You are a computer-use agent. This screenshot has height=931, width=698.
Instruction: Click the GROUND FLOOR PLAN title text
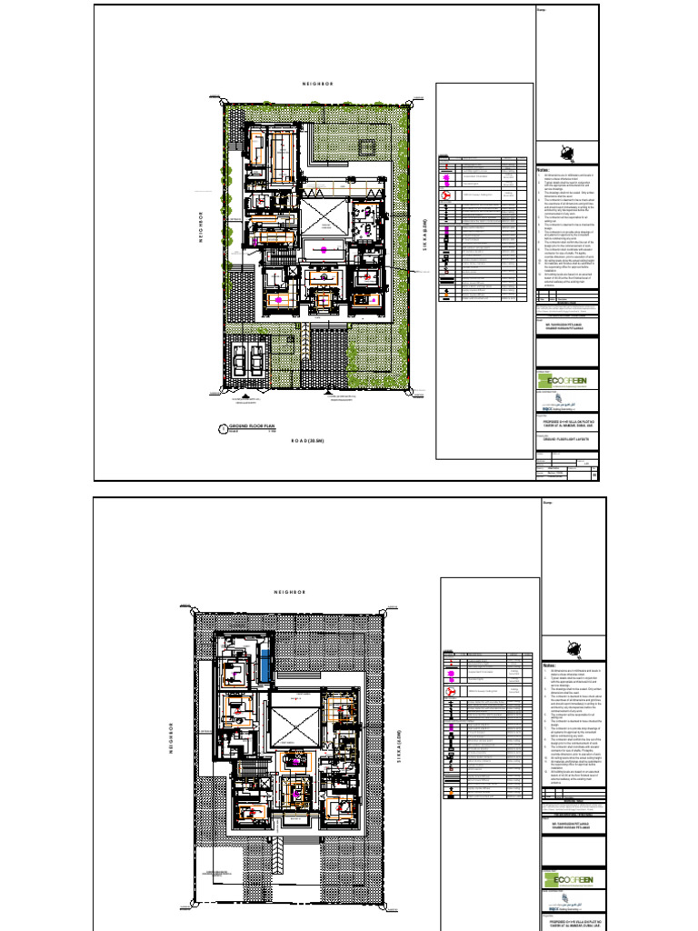tap(251, 425)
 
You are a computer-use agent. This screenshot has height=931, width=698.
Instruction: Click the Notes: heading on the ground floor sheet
tap(544, 170)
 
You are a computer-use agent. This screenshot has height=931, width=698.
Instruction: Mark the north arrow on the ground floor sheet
tap(568, 152)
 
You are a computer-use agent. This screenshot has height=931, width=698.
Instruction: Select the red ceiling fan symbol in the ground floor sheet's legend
tap(447, 195)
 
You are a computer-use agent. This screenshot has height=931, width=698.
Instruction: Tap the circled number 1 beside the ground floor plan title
tap(220, 427)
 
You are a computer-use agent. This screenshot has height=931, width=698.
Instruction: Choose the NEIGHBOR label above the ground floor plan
tap(317, 85)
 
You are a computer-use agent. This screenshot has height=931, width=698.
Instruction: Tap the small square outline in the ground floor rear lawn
tap(367, 145)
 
